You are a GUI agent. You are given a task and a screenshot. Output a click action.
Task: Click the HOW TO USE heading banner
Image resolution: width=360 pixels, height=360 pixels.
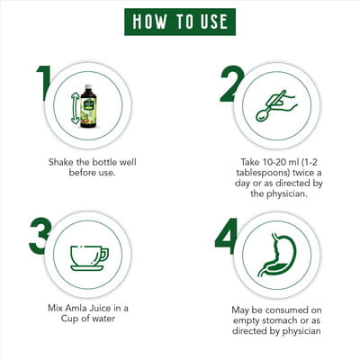point(180,22)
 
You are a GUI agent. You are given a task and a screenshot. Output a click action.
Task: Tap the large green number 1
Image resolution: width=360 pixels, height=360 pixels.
point(44,84)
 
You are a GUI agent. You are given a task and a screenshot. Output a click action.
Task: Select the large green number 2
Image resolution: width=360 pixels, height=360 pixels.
point(231,84)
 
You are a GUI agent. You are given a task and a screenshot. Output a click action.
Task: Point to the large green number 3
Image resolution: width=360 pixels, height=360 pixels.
point(40,236)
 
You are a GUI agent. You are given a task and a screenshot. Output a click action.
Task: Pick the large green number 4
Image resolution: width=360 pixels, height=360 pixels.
point(227,236)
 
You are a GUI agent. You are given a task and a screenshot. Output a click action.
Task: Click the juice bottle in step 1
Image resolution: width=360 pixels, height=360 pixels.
point(88,106)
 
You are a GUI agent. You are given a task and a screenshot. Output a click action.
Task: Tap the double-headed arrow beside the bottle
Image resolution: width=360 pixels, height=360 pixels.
point(75,108)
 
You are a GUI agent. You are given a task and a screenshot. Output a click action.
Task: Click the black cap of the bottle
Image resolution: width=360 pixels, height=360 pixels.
point(88,87)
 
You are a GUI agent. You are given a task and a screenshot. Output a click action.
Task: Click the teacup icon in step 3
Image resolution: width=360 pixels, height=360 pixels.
point(89,258)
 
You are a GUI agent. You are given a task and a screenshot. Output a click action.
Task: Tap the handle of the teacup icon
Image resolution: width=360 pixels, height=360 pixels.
point(104,254)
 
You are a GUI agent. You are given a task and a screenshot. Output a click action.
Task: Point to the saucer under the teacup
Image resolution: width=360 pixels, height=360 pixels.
point(87,268)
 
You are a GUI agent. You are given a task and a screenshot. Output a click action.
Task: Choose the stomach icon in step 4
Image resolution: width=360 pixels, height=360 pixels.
point(277,255)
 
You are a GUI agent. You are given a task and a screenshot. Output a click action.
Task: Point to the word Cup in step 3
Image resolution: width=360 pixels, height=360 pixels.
point(67,319)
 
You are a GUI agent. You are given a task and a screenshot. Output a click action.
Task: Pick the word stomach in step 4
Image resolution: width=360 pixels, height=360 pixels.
point(280,320)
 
